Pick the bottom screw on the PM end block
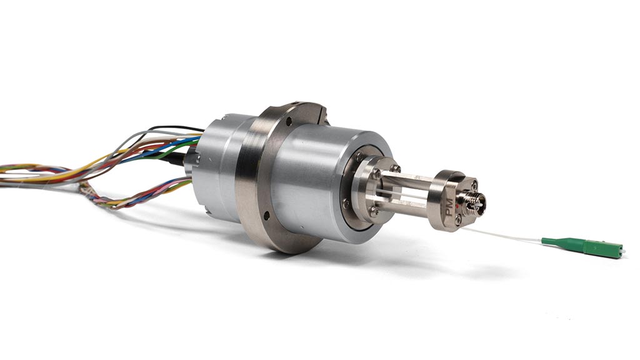tap(459, 219)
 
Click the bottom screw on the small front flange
tap(373, 212)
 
